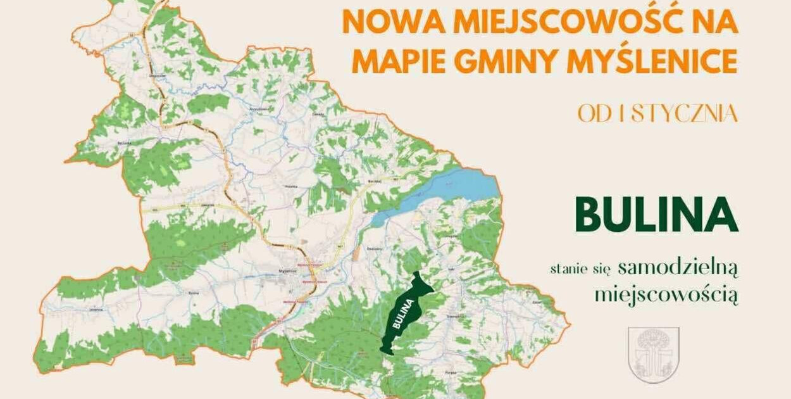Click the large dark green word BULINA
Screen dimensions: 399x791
(x=656, y=214)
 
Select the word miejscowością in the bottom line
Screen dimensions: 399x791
(x=666, y=294)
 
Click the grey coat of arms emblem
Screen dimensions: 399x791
(x=654, y=355)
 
